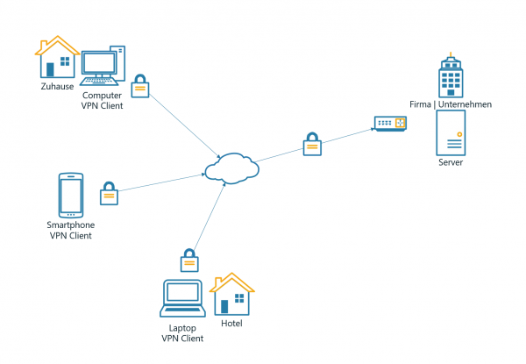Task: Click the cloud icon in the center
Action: tap(231, 168)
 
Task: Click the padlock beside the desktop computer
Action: tap(139, 86)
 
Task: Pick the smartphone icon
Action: tap(70, 195)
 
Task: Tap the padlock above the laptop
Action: tap(188, 261)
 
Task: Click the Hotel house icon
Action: tap(232, 294)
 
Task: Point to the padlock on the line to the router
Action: tap(311, 144)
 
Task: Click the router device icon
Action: tap(390, 124)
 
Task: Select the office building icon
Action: tap(450, 75)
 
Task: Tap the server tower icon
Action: tap(450, 134)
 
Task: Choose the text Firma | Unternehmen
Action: tap(450, 104)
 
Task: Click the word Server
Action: tap(450, 163)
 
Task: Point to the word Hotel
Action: tap(232, 324)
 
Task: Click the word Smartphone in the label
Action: tap(70, 225)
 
